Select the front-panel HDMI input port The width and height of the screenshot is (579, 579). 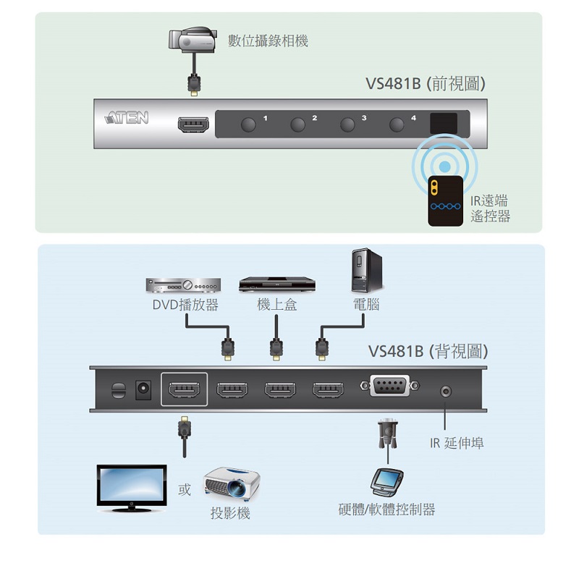tap(193, 124)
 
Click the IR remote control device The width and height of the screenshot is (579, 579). tap(444, 200)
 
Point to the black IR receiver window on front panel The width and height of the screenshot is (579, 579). tap(443, 122)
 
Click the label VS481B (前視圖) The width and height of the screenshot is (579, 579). tap(425, 84)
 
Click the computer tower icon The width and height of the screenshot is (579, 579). tap(365, 270)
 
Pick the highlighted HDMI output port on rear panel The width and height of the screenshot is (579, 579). tap(185, 390)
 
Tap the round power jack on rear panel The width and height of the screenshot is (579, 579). tap(143, 389)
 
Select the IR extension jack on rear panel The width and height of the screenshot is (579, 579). tap(445, 392)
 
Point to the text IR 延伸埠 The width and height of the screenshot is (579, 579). tap(454, 443)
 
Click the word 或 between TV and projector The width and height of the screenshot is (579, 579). tap(185, 490)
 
